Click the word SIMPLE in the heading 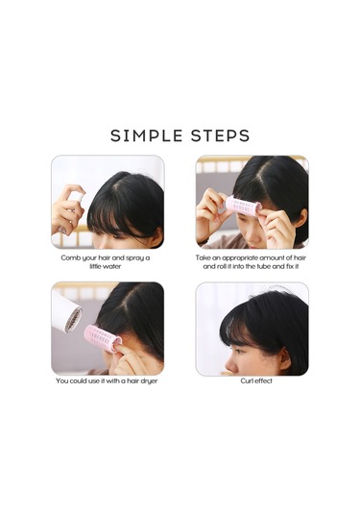click(x=147, y=135)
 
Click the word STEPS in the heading click(x=221, y=135)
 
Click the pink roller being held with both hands click(x=244, y=207)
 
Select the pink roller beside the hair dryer click(x=102, y=338)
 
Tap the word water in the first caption click(x=112, y=266)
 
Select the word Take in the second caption click(x=204, y=258)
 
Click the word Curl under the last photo click(x=248, y=380)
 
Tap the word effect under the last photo click(x=264, y=380)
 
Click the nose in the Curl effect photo click(x=230, y=362)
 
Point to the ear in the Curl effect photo click(x=284, y=358)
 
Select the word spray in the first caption click(x=135, y=258)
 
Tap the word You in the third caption click(x=61, y=380)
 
